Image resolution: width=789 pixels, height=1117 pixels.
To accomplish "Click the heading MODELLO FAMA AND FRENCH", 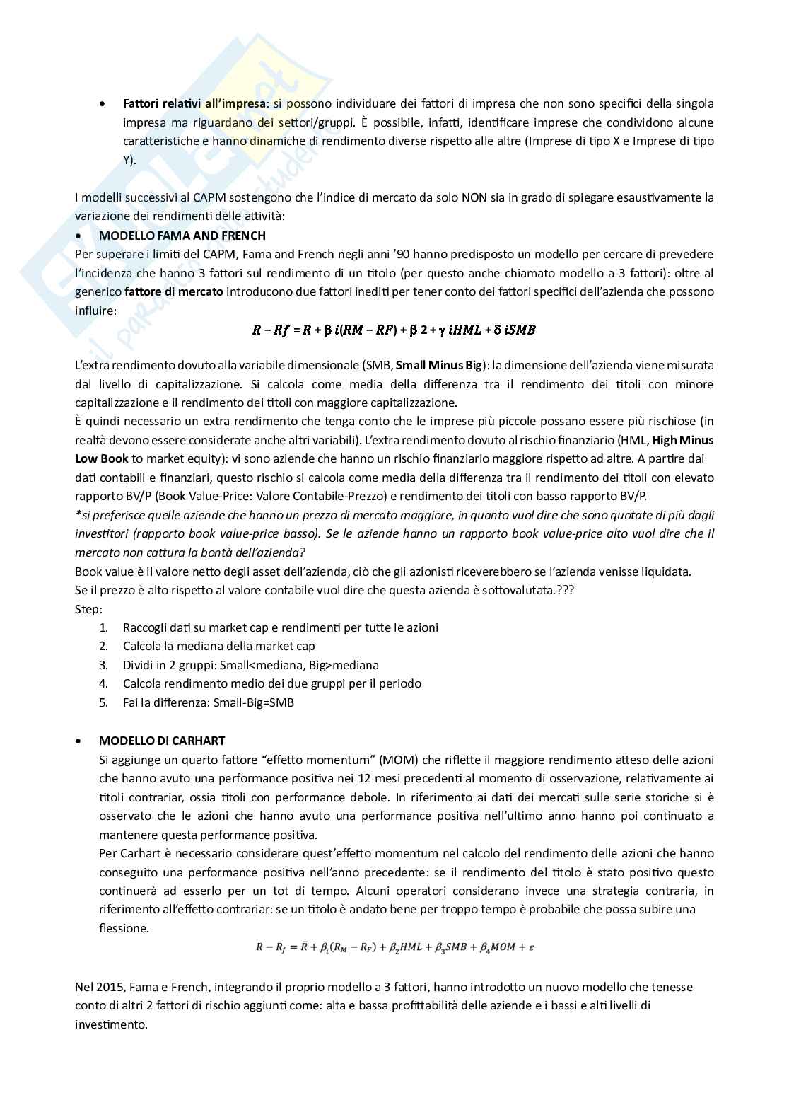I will (x=182, y=236).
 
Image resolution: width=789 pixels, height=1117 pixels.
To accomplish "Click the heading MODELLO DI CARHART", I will (x=161, y=741).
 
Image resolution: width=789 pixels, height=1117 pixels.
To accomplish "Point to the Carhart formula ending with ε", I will (x=394, y=947).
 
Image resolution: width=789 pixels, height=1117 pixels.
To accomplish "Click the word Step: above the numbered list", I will (x=88, y=609).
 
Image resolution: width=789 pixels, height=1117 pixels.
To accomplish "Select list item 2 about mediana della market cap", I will (x=218, y=646).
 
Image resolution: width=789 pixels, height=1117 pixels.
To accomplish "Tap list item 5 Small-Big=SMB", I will (x=208, y=702).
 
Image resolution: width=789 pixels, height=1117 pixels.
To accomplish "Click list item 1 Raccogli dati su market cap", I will (x=280, y=627).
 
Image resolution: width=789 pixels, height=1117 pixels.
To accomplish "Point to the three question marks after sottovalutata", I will (x=565, y=590).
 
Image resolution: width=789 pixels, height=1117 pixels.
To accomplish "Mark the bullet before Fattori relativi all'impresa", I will (x=103, y=104).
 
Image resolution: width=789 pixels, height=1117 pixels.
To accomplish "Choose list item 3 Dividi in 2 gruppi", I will (x=250, y=665).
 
